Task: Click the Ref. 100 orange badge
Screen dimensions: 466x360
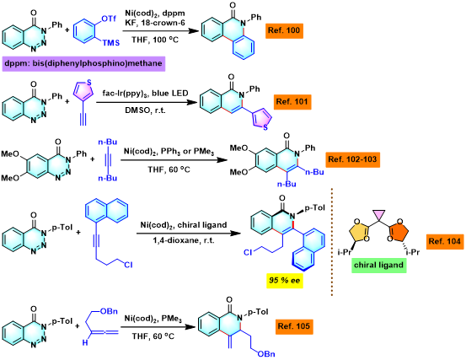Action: pos(284,30)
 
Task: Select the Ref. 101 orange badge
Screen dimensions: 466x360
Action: pos(292,102)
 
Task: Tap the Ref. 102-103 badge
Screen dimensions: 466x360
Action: pos(352,159)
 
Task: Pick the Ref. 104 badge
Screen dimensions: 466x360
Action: pos(444,241)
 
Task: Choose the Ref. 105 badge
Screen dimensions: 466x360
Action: pos(294,326)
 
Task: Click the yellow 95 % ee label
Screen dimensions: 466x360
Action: pos(285,281)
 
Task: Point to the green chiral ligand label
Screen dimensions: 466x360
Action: pos(378,265)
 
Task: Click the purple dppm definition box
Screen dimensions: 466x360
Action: pos(83,63)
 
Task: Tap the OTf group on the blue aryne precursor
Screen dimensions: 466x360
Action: pos(109,19)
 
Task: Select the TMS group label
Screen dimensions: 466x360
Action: pos(111,43)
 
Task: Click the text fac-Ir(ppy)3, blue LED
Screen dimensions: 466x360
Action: pos(145,94)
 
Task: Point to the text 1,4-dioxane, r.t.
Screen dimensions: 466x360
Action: pos(184,240)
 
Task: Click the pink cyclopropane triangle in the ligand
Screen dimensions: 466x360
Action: pos(379,214)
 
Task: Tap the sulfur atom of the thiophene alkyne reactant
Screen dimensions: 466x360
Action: pos(88,83)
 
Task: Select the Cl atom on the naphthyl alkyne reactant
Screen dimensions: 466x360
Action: pos(128,264)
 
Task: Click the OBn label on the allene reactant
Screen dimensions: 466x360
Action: pos(109,311)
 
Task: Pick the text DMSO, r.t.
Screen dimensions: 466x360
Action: pos(145,110)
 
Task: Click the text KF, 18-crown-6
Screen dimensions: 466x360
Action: pos(154,23)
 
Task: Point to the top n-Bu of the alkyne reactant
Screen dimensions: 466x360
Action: pos(108,142)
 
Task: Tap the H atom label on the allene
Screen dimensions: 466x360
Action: pos(85,343)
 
